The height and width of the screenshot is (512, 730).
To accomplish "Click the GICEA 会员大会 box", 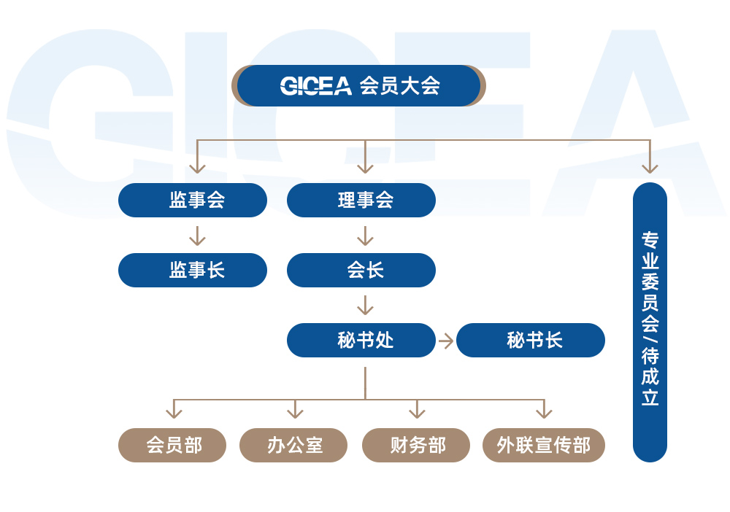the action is (x=358, y=85).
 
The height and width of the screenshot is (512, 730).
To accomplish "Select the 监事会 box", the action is (x=193, y=200).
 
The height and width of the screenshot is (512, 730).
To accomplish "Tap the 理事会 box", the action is (x=361, y=200).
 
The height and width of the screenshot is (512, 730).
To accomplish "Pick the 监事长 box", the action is (x=193, y=270).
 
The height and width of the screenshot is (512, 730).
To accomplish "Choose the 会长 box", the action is (x=361, y=270).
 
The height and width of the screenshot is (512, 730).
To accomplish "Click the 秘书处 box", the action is (x=361, y=340).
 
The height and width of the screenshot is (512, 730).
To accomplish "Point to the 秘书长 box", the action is (x=531, y=340).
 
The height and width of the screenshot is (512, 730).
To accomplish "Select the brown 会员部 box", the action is (x=172, y=445).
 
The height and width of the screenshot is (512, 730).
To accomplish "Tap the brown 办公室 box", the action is (x=293, y=445).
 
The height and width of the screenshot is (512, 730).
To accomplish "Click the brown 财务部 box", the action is (x=416, y=445).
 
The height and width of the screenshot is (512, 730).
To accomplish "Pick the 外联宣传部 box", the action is (x=544, y=445).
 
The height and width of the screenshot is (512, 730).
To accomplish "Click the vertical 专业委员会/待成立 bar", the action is (x=650, y=322).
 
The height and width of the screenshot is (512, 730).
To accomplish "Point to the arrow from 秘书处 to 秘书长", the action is (x=446, y=341).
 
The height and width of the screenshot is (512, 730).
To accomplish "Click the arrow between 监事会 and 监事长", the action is (x=197, y=236).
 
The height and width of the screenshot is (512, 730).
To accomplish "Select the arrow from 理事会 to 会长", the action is (x=366, y=236).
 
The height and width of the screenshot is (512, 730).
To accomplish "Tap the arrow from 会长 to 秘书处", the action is (x=366, y=306).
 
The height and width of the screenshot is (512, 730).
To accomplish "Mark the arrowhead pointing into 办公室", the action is (x=295, y=413).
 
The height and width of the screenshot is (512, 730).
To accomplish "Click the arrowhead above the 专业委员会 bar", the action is (x=650, y=168).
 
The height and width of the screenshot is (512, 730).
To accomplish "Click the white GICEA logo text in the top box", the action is (x=315, y=86).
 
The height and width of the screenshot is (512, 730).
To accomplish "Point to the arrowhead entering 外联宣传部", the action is (x=544, y=413).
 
